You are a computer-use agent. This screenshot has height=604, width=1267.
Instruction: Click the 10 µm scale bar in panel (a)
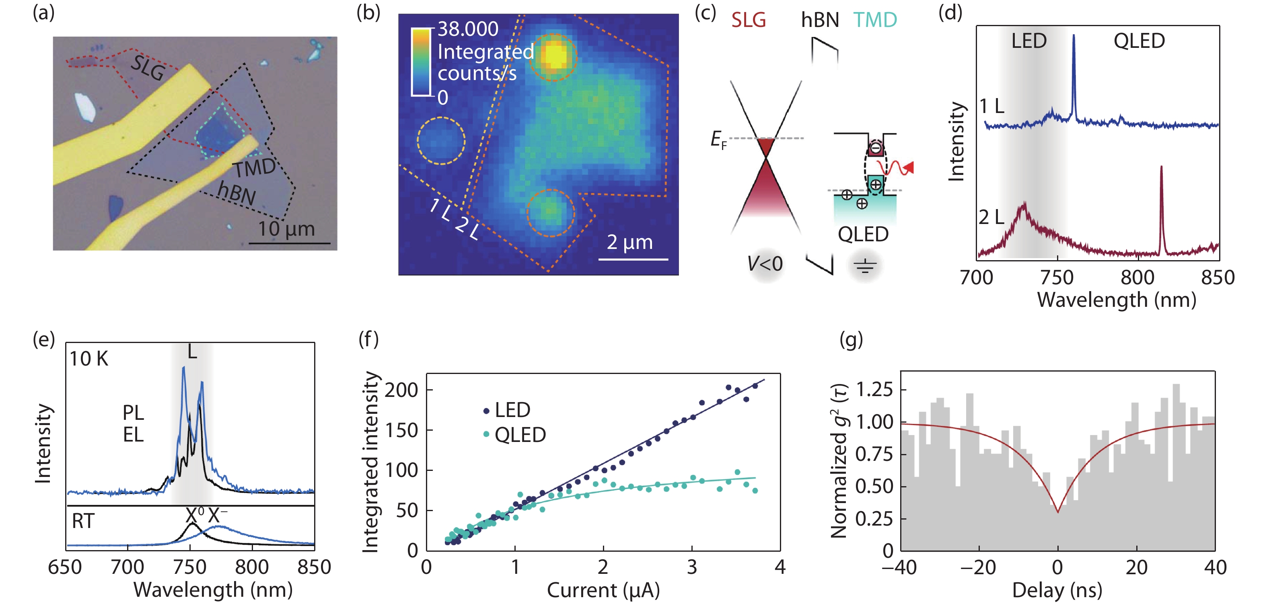[x=289, y=243]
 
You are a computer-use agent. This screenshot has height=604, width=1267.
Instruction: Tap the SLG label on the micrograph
[x=148, y=68]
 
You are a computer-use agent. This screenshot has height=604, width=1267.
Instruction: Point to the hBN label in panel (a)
[x=237, y=193]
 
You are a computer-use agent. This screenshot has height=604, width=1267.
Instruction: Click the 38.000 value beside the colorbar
[x=468, y=29]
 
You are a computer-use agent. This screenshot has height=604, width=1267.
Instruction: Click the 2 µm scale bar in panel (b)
[x=633, y=259]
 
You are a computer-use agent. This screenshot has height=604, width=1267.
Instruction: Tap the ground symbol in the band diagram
[x=865, y=267]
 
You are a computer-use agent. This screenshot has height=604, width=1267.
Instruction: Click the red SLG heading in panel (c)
[x=748, y=20]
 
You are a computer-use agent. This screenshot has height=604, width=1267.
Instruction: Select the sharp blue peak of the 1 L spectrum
[x=1073, y=37]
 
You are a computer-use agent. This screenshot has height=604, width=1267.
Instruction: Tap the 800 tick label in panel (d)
[x=1137, y=278]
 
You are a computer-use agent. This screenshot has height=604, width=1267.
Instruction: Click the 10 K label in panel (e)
[x=88, y=359]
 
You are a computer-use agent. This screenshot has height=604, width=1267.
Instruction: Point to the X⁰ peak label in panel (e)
[x=194, y=516]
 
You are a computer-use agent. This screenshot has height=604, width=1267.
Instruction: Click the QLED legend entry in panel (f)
[x=520, y=435]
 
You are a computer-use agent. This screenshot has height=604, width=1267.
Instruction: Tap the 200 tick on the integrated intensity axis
[x=401, y=390]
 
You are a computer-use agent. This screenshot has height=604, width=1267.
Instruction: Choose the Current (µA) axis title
[x=603, y=590]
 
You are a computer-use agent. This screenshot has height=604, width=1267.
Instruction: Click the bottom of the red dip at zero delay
[x=1057, y=512]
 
